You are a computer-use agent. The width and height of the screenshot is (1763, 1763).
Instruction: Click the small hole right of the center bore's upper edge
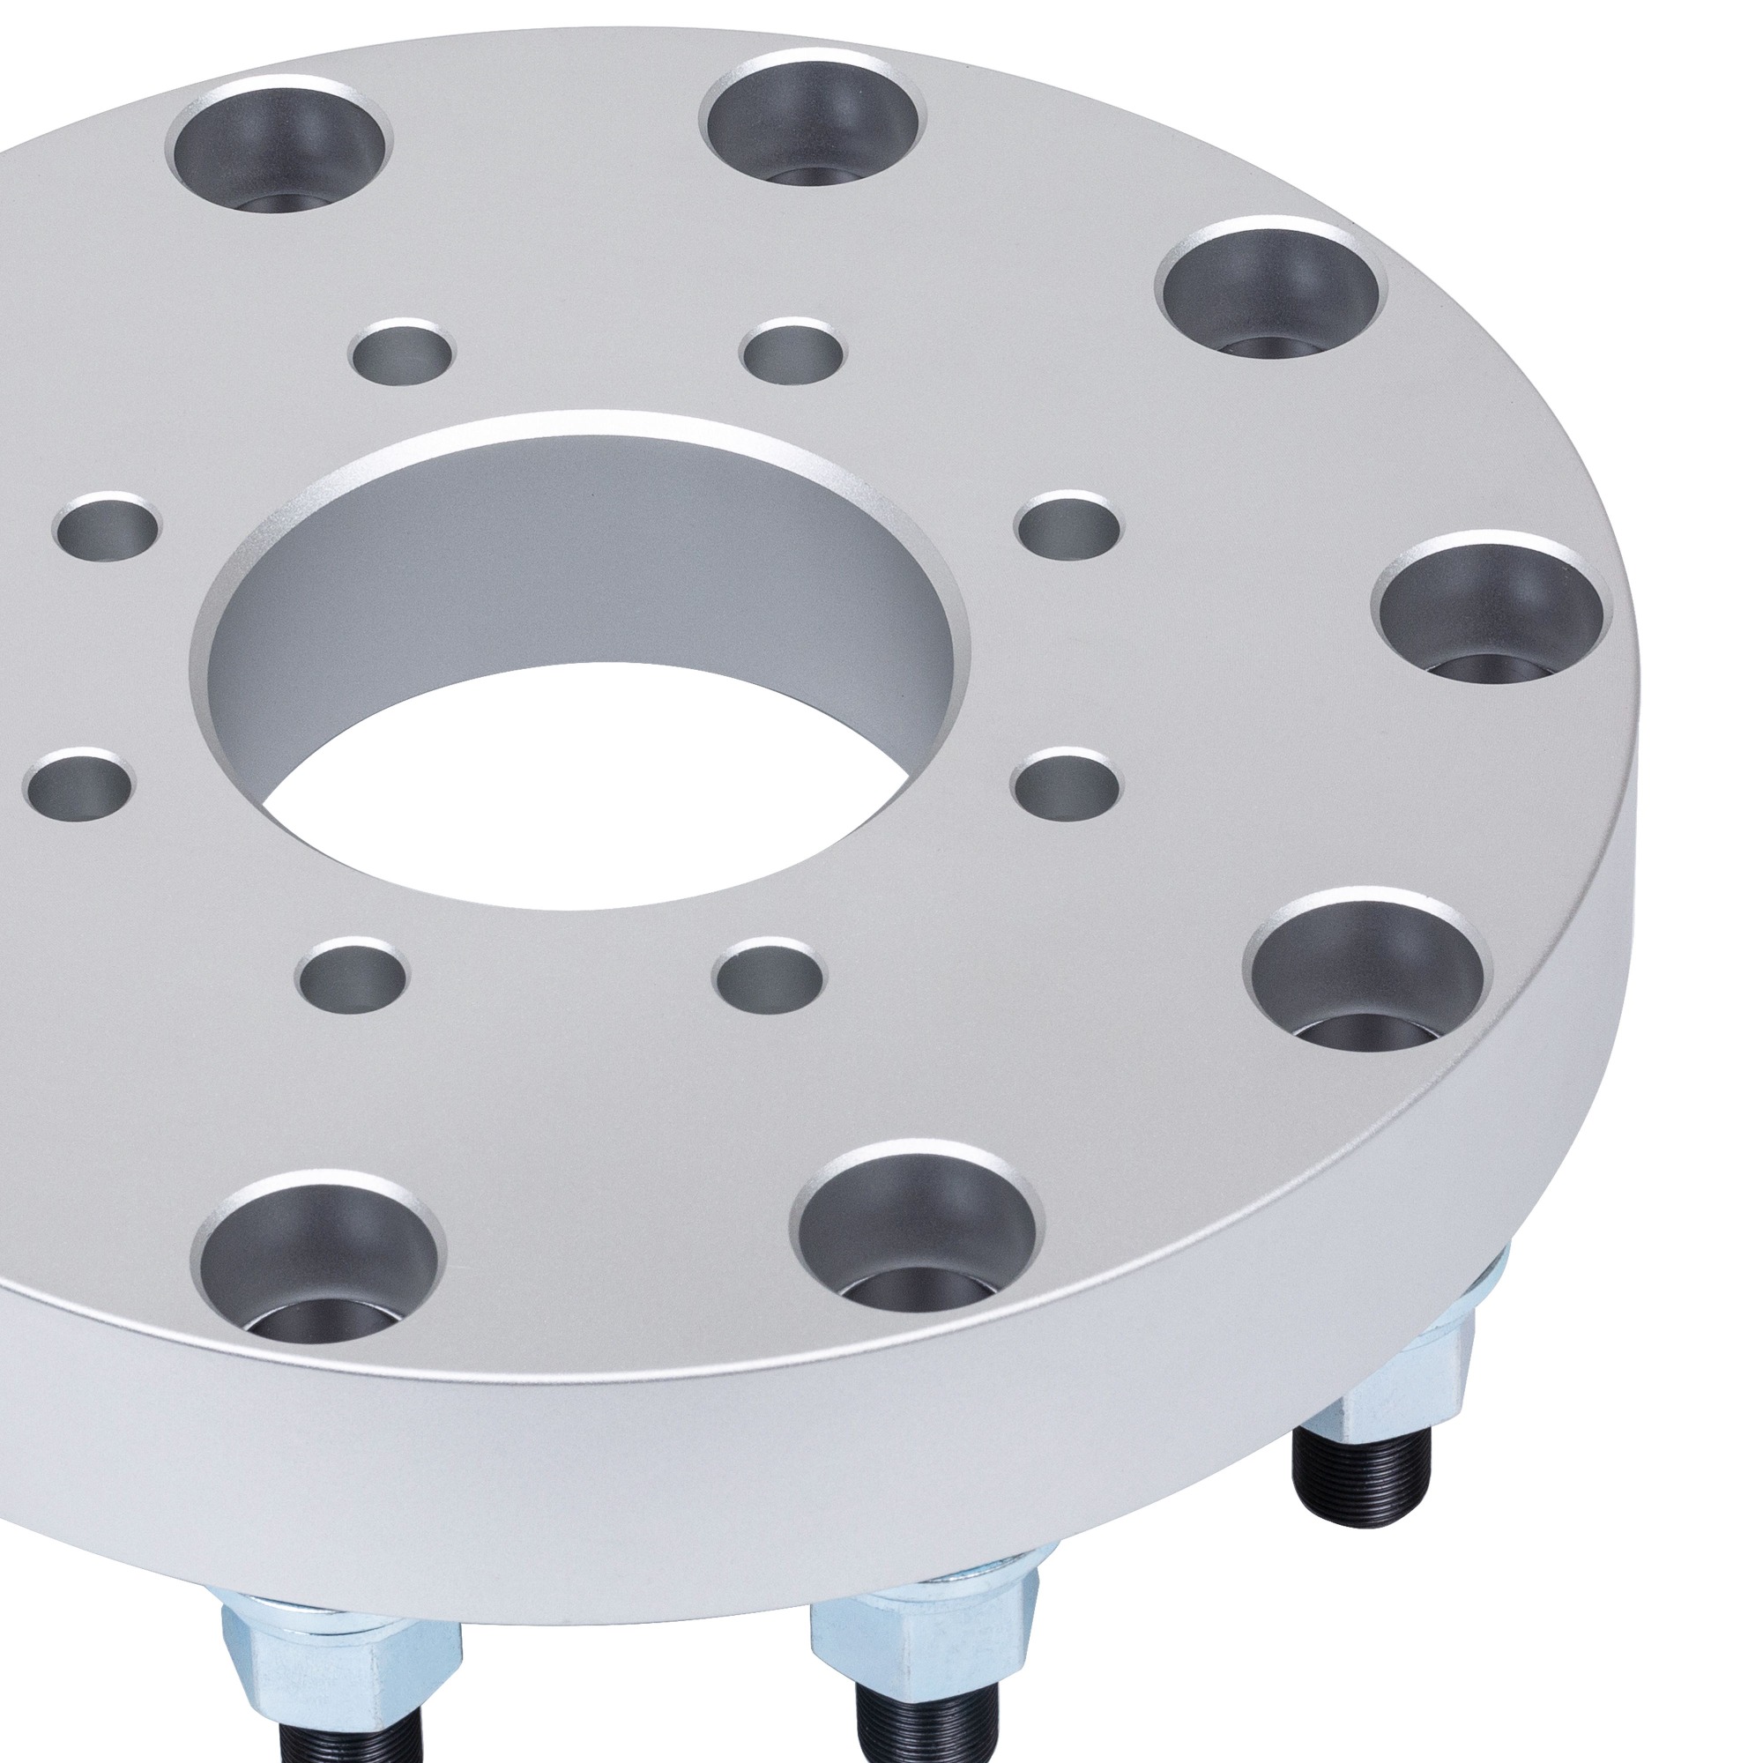pyautogui.click(x=1067, y=527)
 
